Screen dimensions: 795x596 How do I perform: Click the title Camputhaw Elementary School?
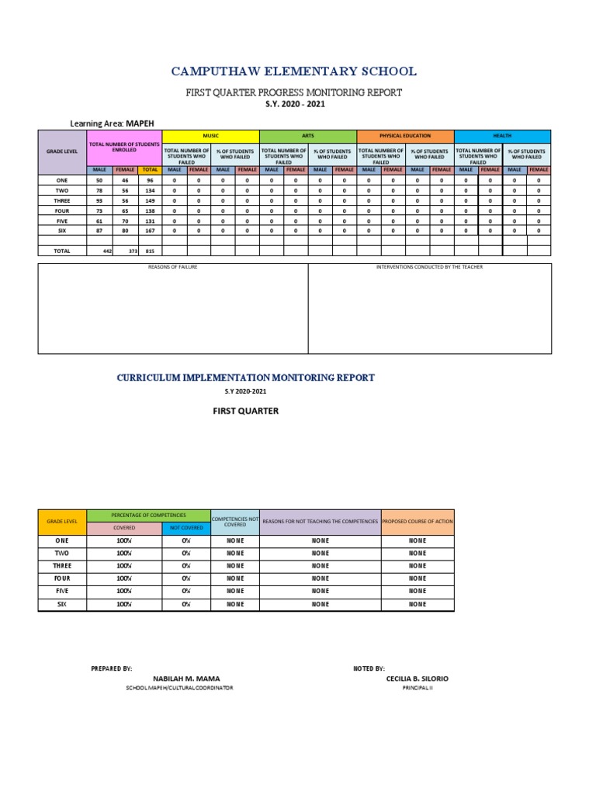[293, 71]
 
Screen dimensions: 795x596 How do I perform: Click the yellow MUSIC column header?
[210, 136]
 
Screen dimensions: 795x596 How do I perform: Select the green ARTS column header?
[307, 136]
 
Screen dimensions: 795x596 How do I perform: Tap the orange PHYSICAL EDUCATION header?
[404, 136]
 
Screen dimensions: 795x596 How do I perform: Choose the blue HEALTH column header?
[501, 136]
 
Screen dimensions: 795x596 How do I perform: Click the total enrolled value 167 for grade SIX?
[151, 230]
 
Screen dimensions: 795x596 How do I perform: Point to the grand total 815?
[151, 252]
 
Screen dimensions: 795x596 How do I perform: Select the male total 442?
[108, 252]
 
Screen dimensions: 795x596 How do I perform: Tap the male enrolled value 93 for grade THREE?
[99, 200]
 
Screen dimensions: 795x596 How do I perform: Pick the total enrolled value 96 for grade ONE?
[151, 179]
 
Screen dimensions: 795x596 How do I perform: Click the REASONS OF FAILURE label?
[173, 268]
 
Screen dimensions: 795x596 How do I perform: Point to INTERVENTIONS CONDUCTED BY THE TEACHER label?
[430, 268]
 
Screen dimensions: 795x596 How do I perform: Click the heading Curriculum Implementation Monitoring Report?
[245, 377]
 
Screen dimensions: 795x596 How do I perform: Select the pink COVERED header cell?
[124, 528]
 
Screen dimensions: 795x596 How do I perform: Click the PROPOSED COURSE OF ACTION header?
[418, 522]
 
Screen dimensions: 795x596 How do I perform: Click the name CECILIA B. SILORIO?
[417, 679]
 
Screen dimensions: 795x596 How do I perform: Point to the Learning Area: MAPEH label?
[114, 123]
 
